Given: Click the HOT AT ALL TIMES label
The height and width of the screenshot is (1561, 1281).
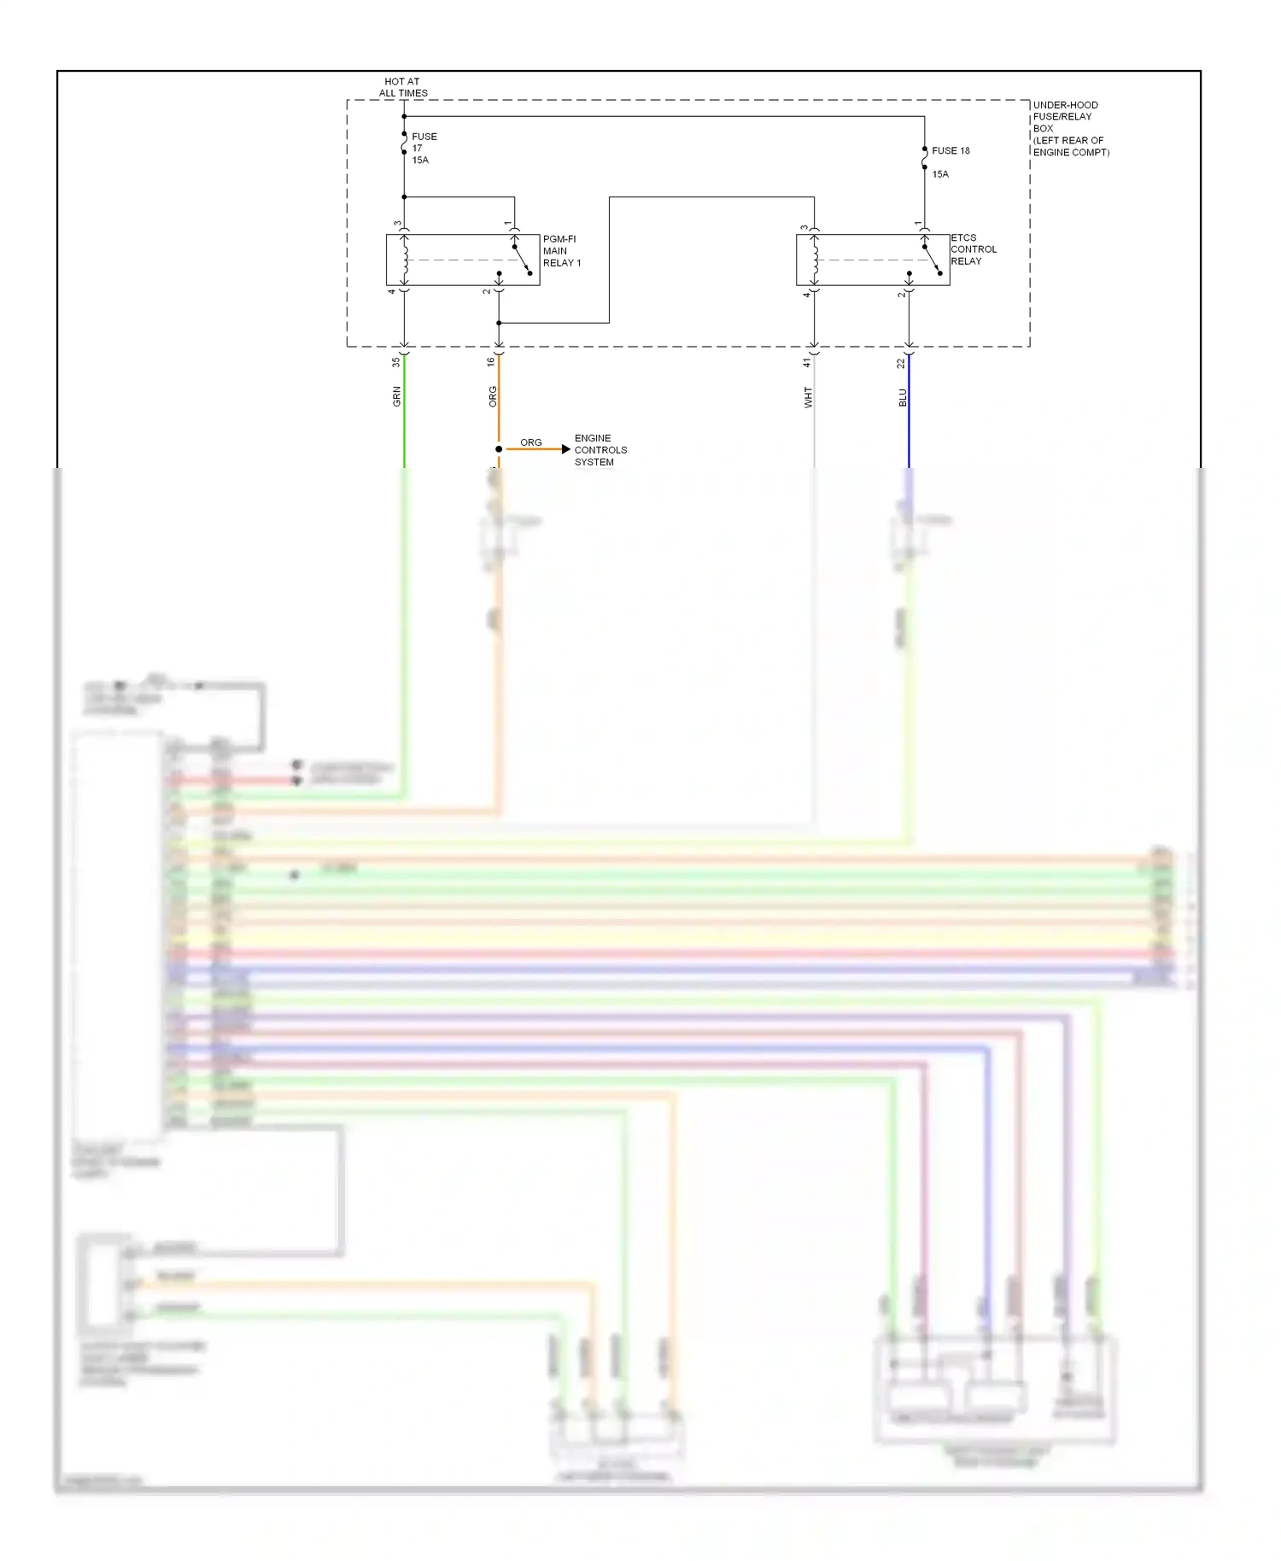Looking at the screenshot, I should [403, 87].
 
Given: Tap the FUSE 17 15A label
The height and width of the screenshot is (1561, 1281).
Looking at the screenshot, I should [424, 148].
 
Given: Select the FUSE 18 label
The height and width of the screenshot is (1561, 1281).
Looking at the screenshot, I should [950, 150].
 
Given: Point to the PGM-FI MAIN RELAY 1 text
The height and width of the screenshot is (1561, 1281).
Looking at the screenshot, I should [561, 251].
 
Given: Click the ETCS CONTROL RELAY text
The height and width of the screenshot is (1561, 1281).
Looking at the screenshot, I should [973, 249].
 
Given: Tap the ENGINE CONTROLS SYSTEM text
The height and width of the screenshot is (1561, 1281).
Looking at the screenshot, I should [600, 450].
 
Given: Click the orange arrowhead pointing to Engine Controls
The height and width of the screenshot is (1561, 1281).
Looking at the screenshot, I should [565, 449].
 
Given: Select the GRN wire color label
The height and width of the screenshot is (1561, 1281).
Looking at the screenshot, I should [396, 396].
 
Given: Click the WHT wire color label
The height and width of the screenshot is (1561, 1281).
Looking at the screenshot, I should [808, 397].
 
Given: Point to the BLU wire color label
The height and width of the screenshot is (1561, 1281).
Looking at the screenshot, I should [903, 397].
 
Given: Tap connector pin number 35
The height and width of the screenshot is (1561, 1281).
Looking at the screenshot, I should [395, 362].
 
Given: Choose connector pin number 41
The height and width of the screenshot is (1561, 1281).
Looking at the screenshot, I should [806, 363].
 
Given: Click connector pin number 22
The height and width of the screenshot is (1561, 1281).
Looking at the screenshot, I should [900, 363].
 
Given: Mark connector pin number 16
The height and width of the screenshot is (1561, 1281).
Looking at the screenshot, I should [490, 362].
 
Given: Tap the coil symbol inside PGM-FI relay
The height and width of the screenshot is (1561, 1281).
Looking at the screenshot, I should [405, 260].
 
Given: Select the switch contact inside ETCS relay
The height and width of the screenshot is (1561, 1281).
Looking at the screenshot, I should [932, 260].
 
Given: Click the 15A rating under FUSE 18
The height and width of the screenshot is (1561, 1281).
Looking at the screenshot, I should [939, 174].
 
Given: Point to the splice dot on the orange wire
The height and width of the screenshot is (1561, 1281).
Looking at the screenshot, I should [499, 449].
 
